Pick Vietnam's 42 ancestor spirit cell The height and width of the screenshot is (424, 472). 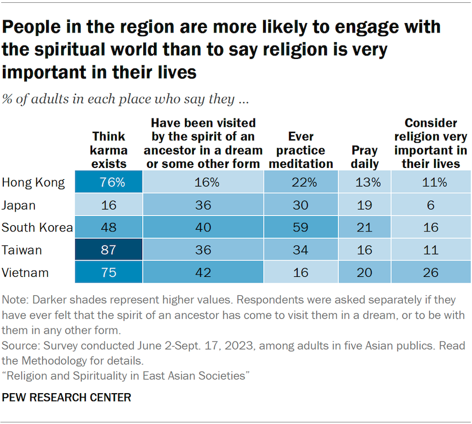tap(203, 273)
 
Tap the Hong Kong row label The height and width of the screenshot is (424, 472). tap(33, 183)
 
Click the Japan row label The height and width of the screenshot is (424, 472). tap(20, 205)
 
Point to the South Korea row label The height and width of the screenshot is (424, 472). tap(37, 227)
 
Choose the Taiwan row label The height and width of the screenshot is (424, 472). tap(22, 250)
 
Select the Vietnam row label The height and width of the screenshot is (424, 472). tap(25, 273)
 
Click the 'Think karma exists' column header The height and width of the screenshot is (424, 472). tap(110, 150)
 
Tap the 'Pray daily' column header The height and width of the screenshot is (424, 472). tap(365, 157)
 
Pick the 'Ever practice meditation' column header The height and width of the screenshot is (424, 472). tap(301, 150)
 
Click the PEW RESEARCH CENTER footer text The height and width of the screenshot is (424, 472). tap(67, 398)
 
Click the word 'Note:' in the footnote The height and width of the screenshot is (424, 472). tap(16, 300)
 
